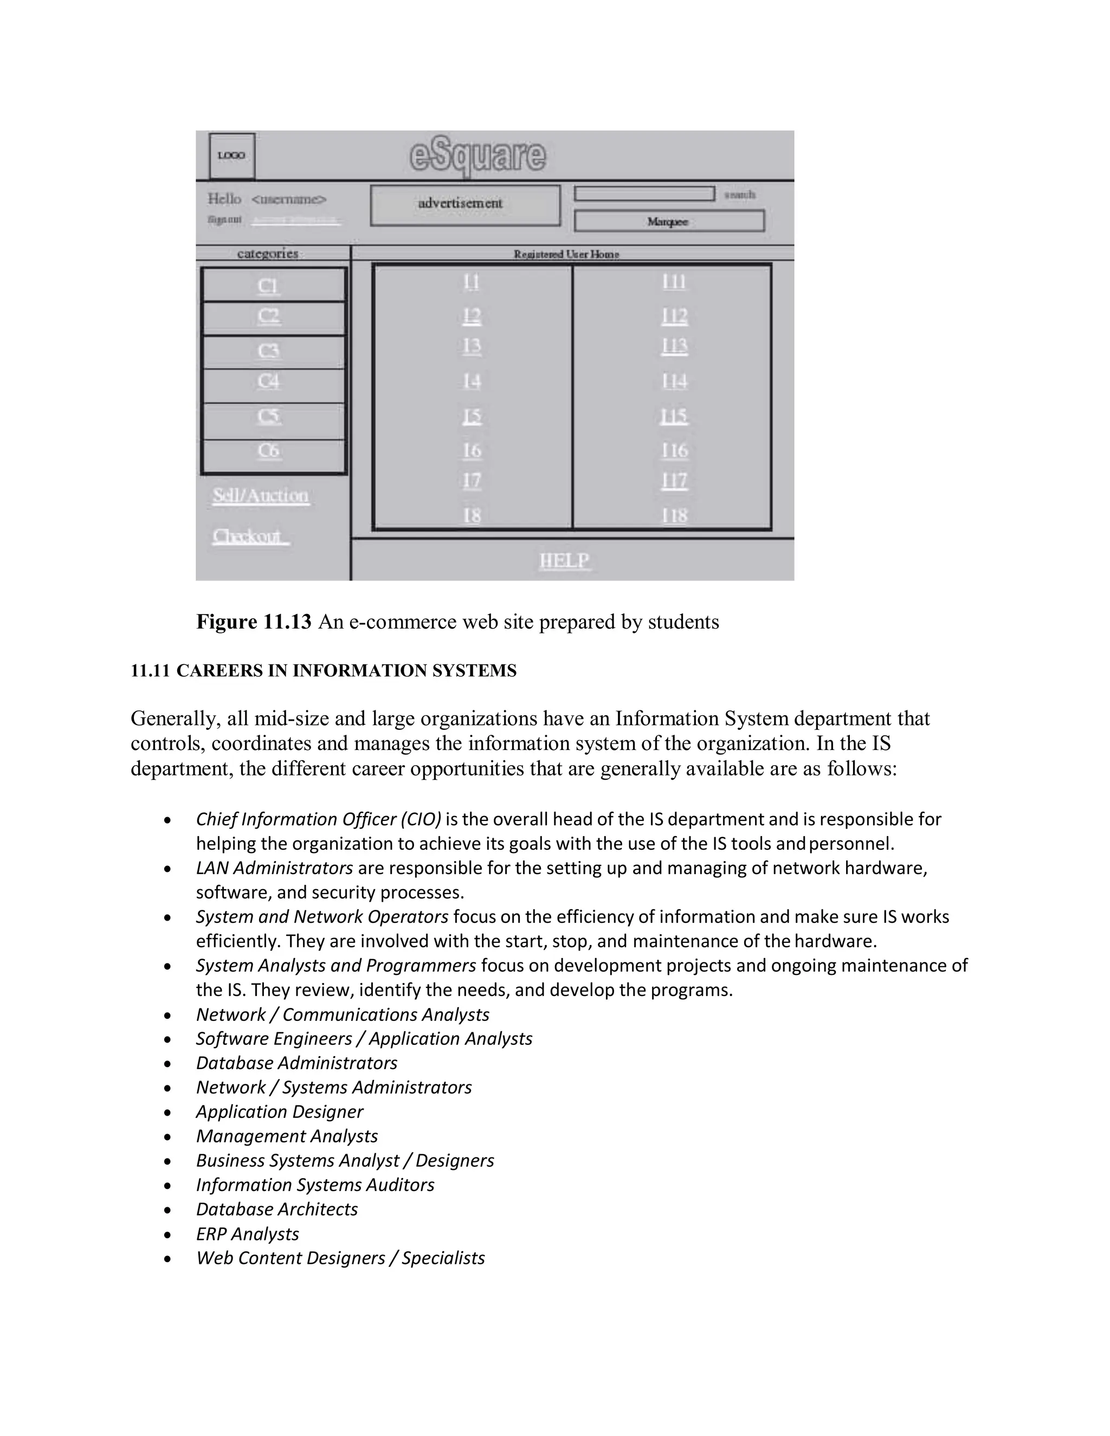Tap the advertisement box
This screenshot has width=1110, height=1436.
(465, 204)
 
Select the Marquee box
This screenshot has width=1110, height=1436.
(669, 222)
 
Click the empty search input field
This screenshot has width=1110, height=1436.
(644, 193)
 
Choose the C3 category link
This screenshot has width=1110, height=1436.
(268, 351)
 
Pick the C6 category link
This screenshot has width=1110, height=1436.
(268, 451)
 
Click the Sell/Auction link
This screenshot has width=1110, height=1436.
(260, 496)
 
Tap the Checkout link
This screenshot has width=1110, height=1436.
(249, 536)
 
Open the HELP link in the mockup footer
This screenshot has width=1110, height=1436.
(564, 561)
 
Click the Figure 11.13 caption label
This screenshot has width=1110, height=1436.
(253, 622)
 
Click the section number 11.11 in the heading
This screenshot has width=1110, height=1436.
(150, 671)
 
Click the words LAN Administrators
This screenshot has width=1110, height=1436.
(274, 869)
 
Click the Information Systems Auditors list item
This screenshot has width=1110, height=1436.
(315, 1185)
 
